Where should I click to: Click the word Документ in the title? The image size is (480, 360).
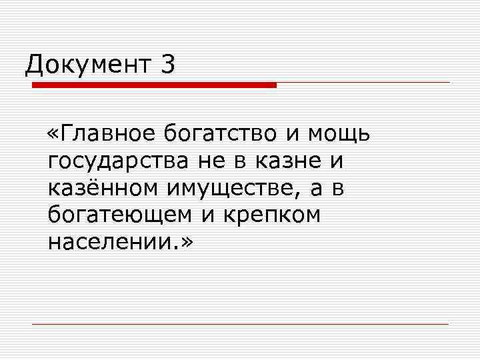click(x=86, y=65)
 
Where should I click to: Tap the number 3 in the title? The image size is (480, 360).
click(x=167, y=65)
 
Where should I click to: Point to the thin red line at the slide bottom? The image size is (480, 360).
click(x=240, y=324)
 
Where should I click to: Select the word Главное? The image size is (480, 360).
click(x=107, y=134)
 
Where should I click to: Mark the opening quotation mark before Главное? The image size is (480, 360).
click(x=55, y=135)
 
